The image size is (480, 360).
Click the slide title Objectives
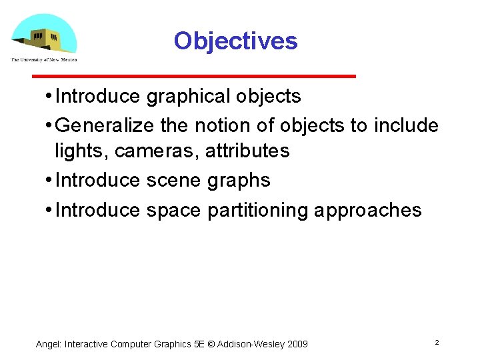(x=235, y=41)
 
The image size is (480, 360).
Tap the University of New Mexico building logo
(x=44, y=37)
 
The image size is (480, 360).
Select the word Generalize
(x=106, y=125)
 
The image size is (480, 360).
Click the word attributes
(x=247, y=151)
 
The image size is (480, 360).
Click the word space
(x=173, y=211)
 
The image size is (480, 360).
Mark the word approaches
(x=368, y=211)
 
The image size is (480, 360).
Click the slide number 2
(x=437, y=342)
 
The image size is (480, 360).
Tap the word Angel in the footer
(x=47, y=344)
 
